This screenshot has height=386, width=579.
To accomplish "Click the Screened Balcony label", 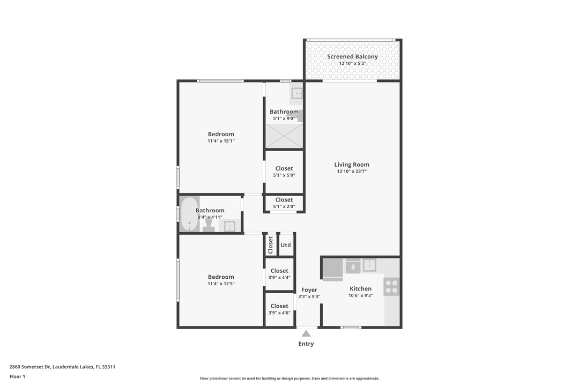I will pos(352,56).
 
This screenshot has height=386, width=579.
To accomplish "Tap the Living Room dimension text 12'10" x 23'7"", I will pos(352,172).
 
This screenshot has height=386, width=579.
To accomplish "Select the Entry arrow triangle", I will pos(306,333).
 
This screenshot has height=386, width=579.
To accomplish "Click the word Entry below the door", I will pos(306,344).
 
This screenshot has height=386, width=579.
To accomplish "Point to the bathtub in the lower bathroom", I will pos(188,214).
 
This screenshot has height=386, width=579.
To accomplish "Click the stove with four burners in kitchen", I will pos(391,286).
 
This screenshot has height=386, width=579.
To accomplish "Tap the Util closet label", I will pos(286,245).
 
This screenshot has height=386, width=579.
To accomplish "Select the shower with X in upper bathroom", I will pos(284,135).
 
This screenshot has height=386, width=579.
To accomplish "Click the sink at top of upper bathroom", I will pos(297,94).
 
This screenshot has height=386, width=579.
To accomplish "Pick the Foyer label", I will pos(309,290).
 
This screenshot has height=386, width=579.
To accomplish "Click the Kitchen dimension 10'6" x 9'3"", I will pos(360,295).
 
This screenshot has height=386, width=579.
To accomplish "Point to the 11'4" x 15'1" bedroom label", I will pos(221,138).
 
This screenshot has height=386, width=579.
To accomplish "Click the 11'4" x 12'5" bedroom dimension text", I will pos(221,284).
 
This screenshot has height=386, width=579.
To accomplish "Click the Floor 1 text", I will pos(17,376).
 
